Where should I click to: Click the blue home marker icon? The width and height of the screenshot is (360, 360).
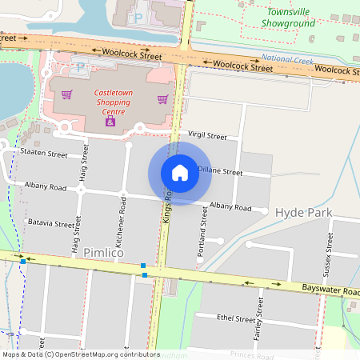[x=180, y=173]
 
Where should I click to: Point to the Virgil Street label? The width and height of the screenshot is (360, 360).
[x=207, y=136]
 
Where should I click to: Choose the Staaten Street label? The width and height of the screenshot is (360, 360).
[x=44, y=153]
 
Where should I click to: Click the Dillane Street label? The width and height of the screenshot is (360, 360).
[x=220, y=171]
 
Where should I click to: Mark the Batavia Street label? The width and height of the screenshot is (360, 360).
[x=50, y=223]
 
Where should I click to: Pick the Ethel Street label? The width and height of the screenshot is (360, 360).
[x=236, y=318]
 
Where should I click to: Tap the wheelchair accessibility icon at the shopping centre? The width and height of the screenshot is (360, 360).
[x=110, y=122]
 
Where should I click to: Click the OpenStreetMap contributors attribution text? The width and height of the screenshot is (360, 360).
[x=81, y=354]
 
